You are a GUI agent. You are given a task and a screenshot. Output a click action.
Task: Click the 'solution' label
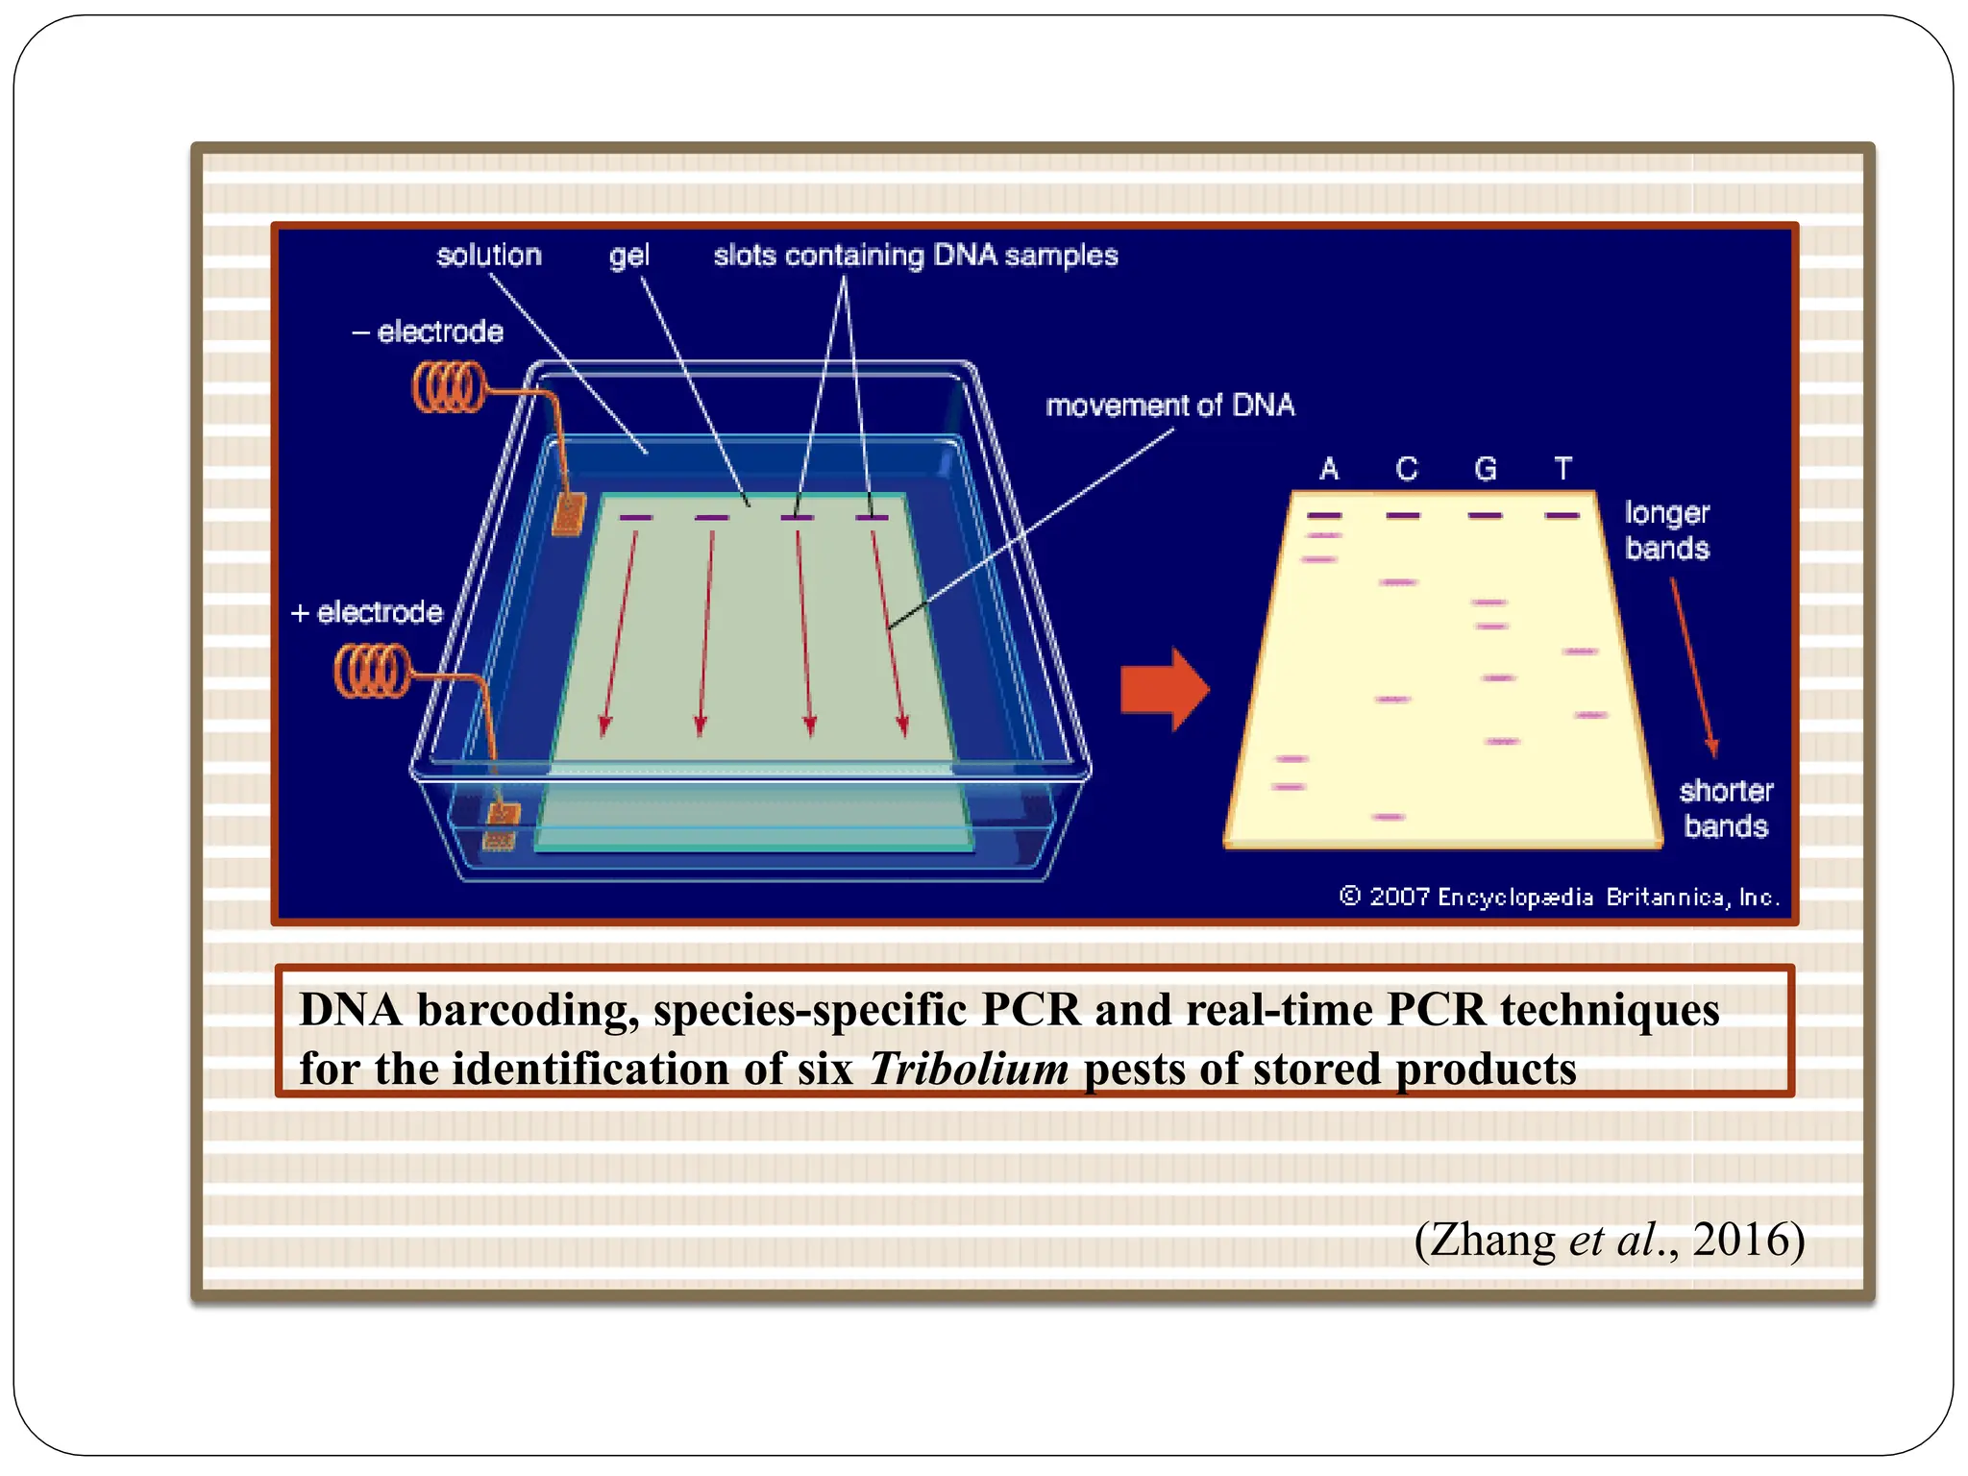pyautogui.click(x=488, y=256)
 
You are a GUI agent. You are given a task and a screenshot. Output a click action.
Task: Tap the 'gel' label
pyautogui.click(x=628, y=256)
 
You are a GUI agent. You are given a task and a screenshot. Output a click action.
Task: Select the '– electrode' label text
pyautogui.click(x=429, y=332)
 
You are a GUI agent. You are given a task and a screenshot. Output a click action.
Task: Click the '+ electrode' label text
pyautogui.click(x=367, y=612)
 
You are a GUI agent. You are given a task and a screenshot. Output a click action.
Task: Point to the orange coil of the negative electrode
pyautogui.click(x=448, y=387)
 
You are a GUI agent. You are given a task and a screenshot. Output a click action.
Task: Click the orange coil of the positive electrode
pyautogui.click(x=371, y=670)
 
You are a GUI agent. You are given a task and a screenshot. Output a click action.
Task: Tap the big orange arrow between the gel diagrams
pyautogui.click(x=1165, y=689)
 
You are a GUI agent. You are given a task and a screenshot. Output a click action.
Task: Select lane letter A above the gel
pyautogui.click(x=1329, y=469)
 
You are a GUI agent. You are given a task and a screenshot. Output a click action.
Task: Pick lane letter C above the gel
pyautogui.click(x=1407, y=469)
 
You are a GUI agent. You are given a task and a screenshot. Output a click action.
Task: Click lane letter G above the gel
pyautogui.click(x=1486, y=469)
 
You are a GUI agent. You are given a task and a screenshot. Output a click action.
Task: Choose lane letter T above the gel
pyautogui.click(x=1563, y=469)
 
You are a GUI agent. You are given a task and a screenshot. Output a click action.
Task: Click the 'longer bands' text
pyautogui.click(x=1667, y=530)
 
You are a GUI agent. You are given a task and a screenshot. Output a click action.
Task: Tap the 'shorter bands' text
pyautogui.click(x=1726, y=808)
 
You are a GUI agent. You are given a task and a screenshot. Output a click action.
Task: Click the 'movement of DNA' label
pyautogui.click(x=1169, y=406)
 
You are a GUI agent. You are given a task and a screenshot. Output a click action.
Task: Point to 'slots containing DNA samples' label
pyautogui.click(x=915, y=256)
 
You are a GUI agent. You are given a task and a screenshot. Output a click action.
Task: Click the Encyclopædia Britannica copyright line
pyautogui.click(x=1559, y=897)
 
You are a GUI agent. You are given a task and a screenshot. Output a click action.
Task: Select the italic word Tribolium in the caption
pyautogui.click(x=969, y=1070)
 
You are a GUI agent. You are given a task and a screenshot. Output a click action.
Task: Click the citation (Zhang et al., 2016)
pyautogui.click(x=1610, y=1240)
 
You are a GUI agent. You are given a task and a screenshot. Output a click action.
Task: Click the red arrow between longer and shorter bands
pyautogui.click(x=1692, y=668)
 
